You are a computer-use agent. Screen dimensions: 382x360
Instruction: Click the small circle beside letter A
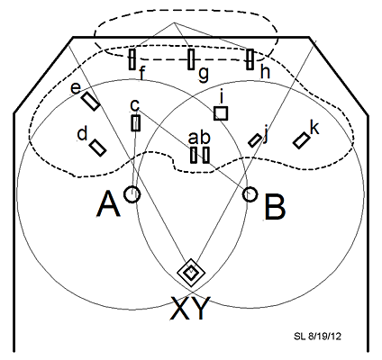click(x=132, y=194)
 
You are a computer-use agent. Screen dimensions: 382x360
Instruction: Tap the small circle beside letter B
click(x=250, y=194)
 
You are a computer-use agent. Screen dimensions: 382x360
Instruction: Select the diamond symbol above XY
click(x=191, y=273)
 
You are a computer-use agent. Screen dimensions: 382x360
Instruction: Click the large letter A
click(x=108, y=204)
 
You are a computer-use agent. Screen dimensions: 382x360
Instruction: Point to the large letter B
click(x=275, y=207)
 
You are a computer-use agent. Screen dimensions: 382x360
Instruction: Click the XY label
click(x=190, y=308)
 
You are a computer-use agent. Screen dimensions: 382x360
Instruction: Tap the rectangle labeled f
click(x=132, y=59)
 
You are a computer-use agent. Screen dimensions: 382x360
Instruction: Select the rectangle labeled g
click(x=191, y=59)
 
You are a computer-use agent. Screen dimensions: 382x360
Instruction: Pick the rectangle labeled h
click(x=250, y=59)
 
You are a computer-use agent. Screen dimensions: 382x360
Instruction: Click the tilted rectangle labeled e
click(x=90, y=102)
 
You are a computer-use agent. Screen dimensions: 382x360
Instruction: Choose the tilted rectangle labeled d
click(x=98, y=148)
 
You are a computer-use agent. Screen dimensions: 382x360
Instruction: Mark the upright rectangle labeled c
click(x=136, y=123)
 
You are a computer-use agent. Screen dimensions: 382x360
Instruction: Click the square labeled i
click(x=221, y=113)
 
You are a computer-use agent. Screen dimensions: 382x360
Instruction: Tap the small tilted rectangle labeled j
click(x=255, y=140)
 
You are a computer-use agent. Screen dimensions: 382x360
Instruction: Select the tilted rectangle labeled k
click(x=301, y=140)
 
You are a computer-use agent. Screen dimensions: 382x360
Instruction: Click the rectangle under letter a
click(x=194, y=155)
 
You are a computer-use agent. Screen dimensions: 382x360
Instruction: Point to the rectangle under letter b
click(x=205, y=155)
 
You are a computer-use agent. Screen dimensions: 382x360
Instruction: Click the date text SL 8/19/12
click(x=317, y=337)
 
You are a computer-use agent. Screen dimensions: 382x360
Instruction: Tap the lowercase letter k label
click(x=314, y=128)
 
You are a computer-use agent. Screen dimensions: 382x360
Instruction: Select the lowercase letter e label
click(x=76, y=88)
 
